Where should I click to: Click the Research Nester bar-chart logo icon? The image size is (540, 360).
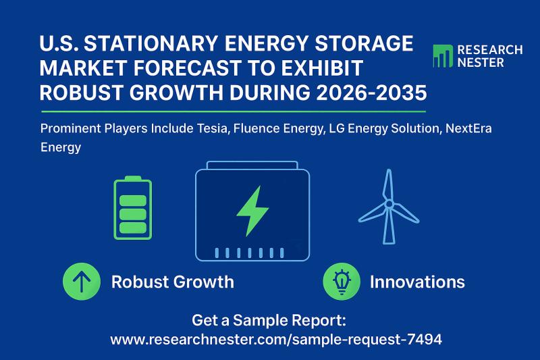pyautogui.click(x=442, y=56)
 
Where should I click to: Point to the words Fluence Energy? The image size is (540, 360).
pyautogui.click(x=276, y=128)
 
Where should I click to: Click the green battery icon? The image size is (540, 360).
pyautogui.click(x=133, y=209)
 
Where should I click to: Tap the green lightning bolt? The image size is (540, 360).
pyautogui.click(x=252, y=211)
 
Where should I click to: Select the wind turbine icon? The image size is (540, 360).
pyautogui.click(x=388, y=206)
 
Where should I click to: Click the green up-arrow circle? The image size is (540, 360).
pyautogui.click(x=81, y=281)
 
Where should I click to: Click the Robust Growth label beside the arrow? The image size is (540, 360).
pyautogui.click(x=172, y=282)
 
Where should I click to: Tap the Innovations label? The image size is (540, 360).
pyautogui.click(x=417, y=282)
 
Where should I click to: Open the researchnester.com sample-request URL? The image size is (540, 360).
pyautogui.click(x=276, y=340)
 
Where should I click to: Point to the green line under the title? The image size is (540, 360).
pyautogui.click(x=234, y=111)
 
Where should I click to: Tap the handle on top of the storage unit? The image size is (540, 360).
pyautogui.click(x=252, y=165)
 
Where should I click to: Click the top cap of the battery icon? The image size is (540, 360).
pyautogui.click(x=133, y=178)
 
